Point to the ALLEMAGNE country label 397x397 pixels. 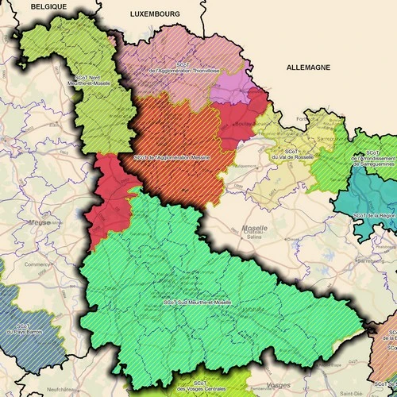308,68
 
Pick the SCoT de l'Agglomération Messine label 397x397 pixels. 172,157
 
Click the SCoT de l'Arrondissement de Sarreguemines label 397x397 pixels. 372,161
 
